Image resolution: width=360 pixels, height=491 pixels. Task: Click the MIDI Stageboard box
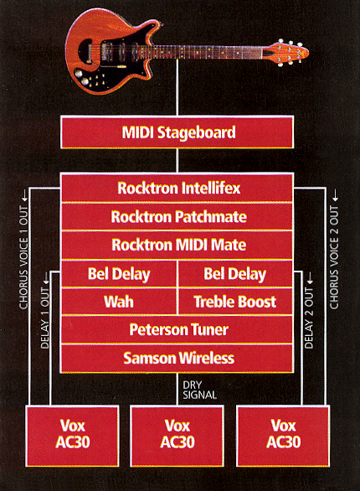pos(177,132)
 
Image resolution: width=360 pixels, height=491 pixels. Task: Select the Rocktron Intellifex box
pos(177,188)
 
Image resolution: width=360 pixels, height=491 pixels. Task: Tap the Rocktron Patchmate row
pos(177,217)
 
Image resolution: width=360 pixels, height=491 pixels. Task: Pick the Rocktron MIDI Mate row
pos(177,245)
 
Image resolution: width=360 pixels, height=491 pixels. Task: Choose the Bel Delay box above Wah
pos(119,274)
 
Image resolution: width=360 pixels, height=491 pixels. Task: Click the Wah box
pos(119,302)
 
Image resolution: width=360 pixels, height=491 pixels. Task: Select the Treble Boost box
pos(235,302)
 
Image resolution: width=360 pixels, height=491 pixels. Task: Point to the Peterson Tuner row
pos(177,330)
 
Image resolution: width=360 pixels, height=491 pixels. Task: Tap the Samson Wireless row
pos(177,359)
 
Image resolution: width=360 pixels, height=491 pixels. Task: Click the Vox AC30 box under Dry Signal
pos(177,436)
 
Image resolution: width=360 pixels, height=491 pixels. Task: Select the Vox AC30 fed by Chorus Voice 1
pos(72,436)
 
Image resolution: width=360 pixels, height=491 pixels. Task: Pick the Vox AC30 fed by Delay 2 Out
pos(283,436)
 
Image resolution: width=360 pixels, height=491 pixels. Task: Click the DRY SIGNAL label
pos(199,390)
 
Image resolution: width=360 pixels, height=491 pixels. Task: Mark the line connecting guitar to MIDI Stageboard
pos(177,87)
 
